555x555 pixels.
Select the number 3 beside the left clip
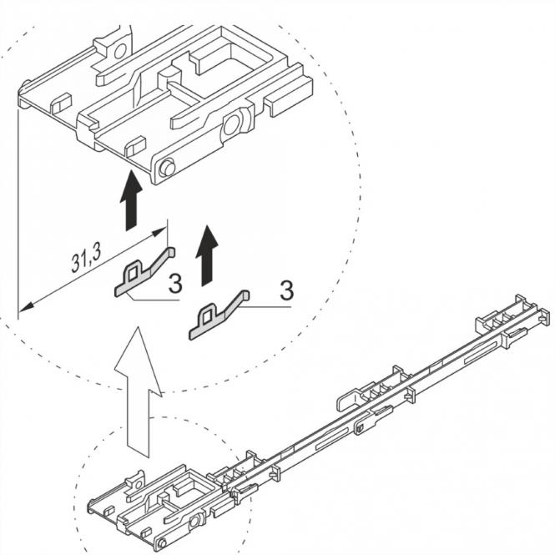[x=175, y=285]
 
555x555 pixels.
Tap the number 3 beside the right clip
[x=286, y=291]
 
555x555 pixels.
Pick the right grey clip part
[x=219, y=312]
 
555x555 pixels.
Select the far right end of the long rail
[x=542, y=316]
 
